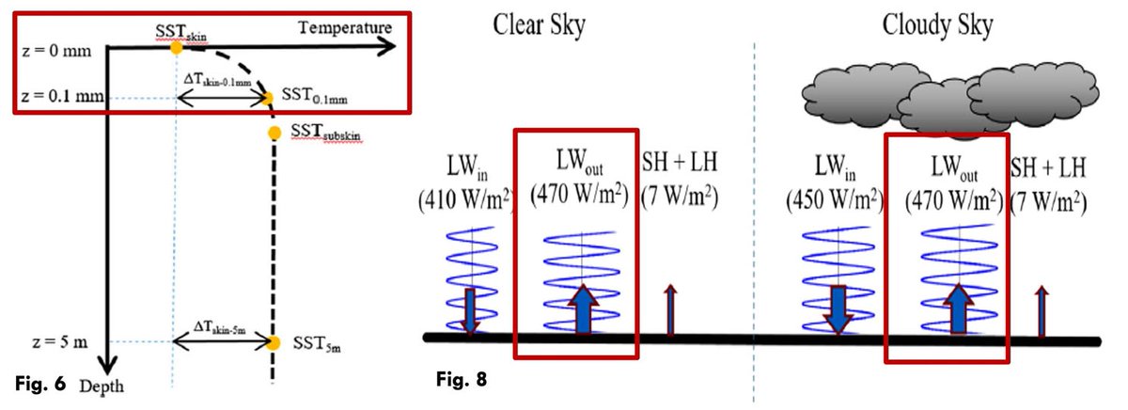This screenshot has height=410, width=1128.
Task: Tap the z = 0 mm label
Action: [55, 50]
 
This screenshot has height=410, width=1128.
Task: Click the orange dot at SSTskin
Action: [176, 48]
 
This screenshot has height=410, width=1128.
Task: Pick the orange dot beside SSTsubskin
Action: [274, 133]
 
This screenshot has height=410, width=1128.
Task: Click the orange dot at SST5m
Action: [274, 343]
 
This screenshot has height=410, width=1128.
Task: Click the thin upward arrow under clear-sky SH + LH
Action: [670, 309]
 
